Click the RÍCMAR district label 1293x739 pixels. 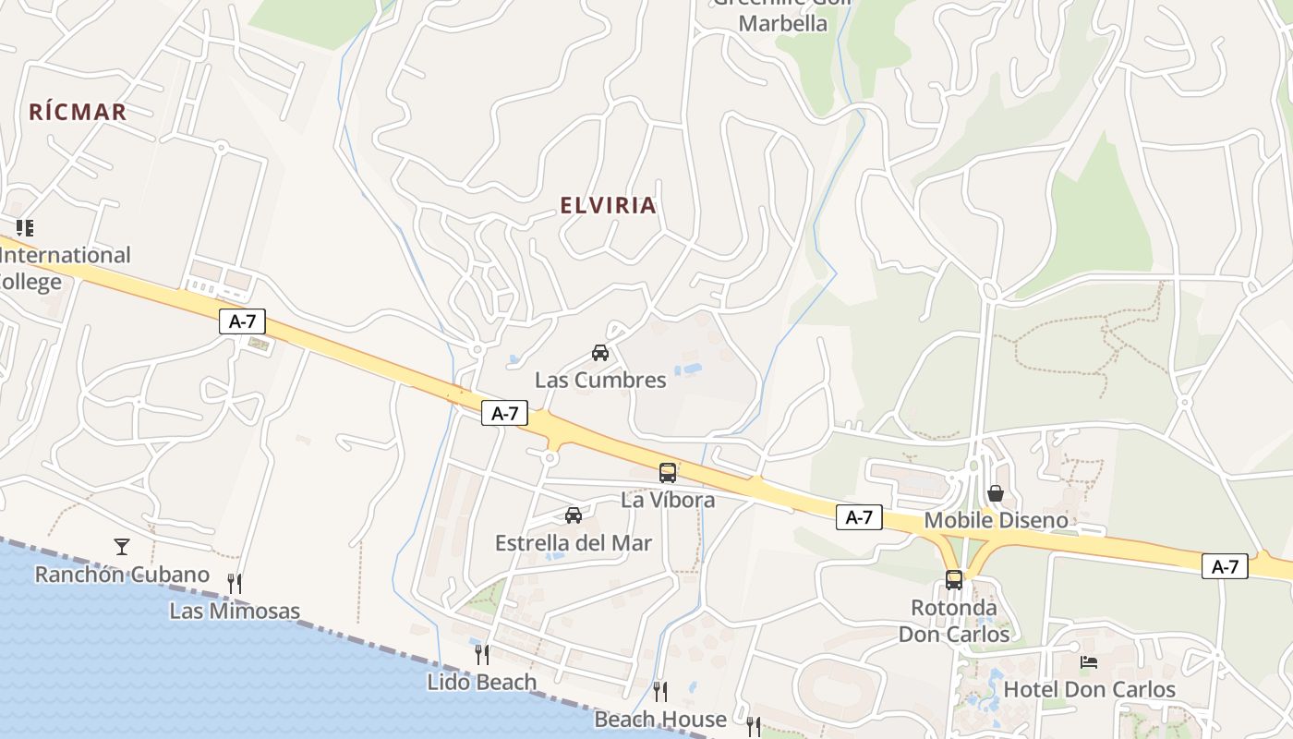coord(78,112)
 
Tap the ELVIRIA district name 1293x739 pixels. coord(608,205)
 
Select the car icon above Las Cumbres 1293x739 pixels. coord(600,352)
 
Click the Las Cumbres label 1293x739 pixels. coord(600,380)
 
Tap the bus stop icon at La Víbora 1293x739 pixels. coord(668,473)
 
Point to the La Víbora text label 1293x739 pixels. coord(668,500)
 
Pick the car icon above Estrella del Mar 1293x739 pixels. coord(574,515)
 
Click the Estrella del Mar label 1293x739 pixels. coord(574,543)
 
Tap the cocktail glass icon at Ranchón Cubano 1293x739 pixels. coord(122,546)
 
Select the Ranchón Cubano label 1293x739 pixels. coord(122,574)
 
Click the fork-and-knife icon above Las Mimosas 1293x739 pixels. coord(235,583)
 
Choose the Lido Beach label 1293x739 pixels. coord(481,682)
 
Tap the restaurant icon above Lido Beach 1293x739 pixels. coord(481,654)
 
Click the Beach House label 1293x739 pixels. coord(660,719)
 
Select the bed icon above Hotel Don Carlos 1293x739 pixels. coord(1090,662)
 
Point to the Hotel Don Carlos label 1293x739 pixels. coord(1090,689)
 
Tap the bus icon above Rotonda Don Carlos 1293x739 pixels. coord(954,580)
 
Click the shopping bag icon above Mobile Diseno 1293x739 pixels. coord(996,493)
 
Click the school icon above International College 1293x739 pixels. coord(25,227)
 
